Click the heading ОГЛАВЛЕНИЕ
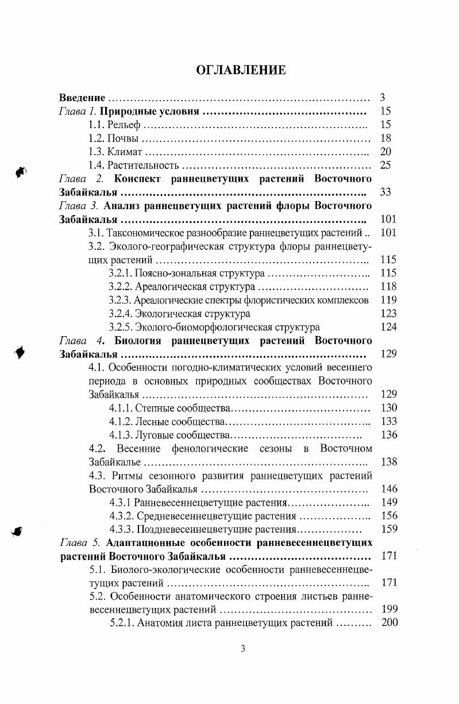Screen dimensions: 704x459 (x=241, y=71)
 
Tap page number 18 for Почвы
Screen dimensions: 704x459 (x=385, y=138)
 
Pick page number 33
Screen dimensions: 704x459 (x=385, y=192)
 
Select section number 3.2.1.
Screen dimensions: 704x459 (x=120, y=273)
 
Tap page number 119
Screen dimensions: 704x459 (x=388, y=300)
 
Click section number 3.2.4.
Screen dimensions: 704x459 (x=120, y=314)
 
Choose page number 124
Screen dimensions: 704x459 (x=388, y=327)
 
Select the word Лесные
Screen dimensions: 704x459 (x=152, y=421)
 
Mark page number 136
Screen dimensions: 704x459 (x=388, y=434)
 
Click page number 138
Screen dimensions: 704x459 (x=388, y=461)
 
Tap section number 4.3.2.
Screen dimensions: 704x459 (x=121, y=516)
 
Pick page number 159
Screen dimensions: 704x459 (x=388, y=529)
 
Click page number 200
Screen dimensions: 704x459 (x=389, y=623)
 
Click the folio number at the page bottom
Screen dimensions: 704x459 (x=242, y=649)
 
